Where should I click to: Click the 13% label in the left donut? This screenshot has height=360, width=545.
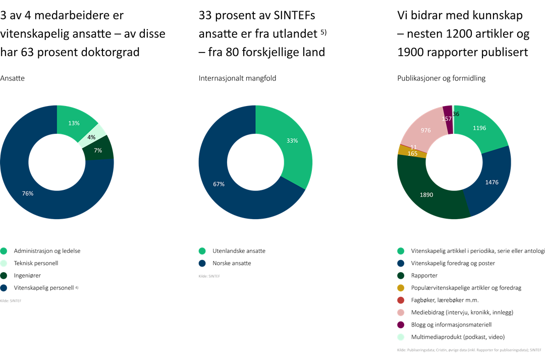point(74,123)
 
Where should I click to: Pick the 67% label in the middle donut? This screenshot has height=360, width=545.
point(219,184)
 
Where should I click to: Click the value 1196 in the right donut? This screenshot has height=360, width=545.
point(479,128)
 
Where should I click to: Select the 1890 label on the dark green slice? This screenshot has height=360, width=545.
point(427,194)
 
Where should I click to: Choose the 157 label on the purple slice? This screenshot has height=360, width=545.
point(447,119)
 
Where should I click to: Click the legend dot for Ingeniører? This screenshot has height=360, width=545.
point(4,276)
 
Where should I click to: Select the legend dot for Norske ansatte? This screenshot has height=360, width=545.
point(202,263)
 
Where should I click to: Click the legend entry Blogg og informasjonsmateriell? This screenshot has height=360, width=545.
point(452,325)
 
